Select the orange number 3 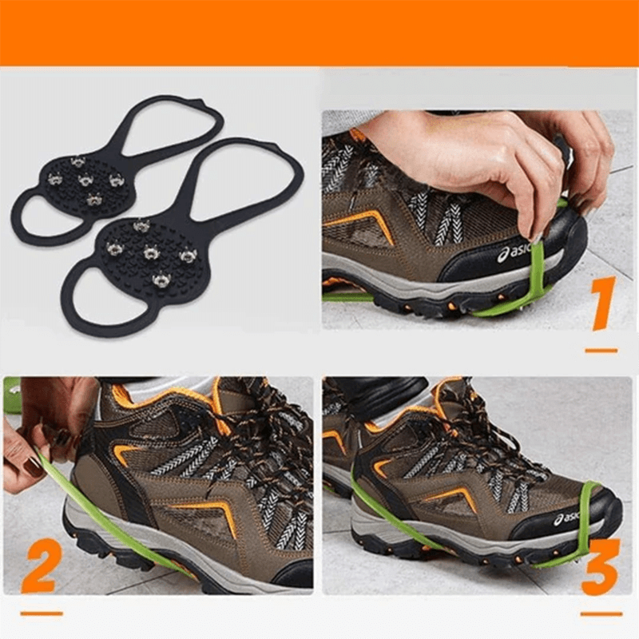click(x=600, y=566)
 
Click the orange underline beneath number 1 click(x=601, y=350)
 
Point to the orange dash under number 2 click(x=41, y=613)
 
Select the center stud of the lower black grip click(x=150, y=253)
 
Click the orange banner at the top click(x=319, y=32)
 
